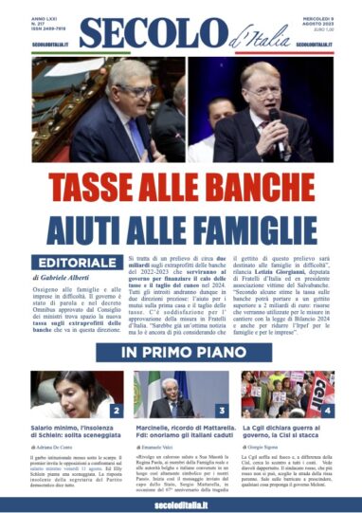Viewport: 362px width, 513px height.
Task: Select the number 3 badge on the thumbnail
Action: [x=222, y=412]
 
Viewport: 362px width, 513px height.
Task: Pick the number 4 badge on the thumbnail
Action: [x=328, y=412]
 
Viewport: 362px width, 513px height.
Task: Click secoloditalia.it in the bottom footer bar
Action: [x=180, y=502]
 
